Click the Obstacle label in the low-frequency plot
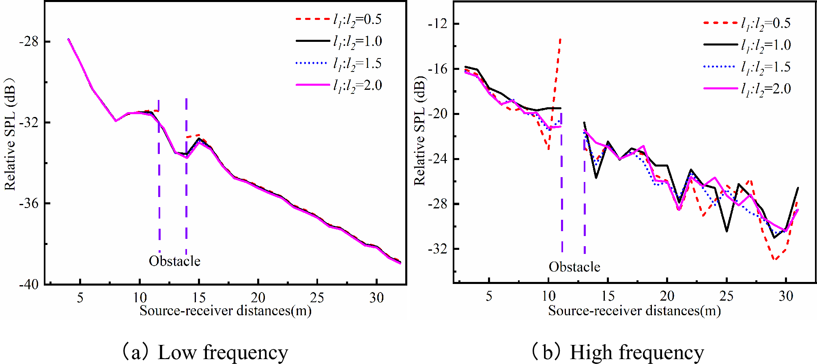[x=174, y=261]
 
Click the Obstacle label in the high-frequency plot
[x=574, y=267]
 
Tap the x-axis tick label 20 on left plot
[x=258, y=298]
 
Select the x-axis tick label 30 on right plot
[x=786, y=296]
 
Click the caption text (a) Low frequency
[x=205, y=352]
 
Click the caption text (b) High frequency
[x=617, y=352]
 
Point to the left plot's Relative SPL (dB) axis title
[x=10, y=134]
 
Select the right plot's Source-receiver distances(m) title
[x=634, y=311]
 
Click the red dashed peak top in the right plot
[x=560, y=39]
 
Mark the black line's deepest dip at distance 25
[x=727, y=232]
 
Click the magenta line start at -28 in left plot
[x=69, y=39]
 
